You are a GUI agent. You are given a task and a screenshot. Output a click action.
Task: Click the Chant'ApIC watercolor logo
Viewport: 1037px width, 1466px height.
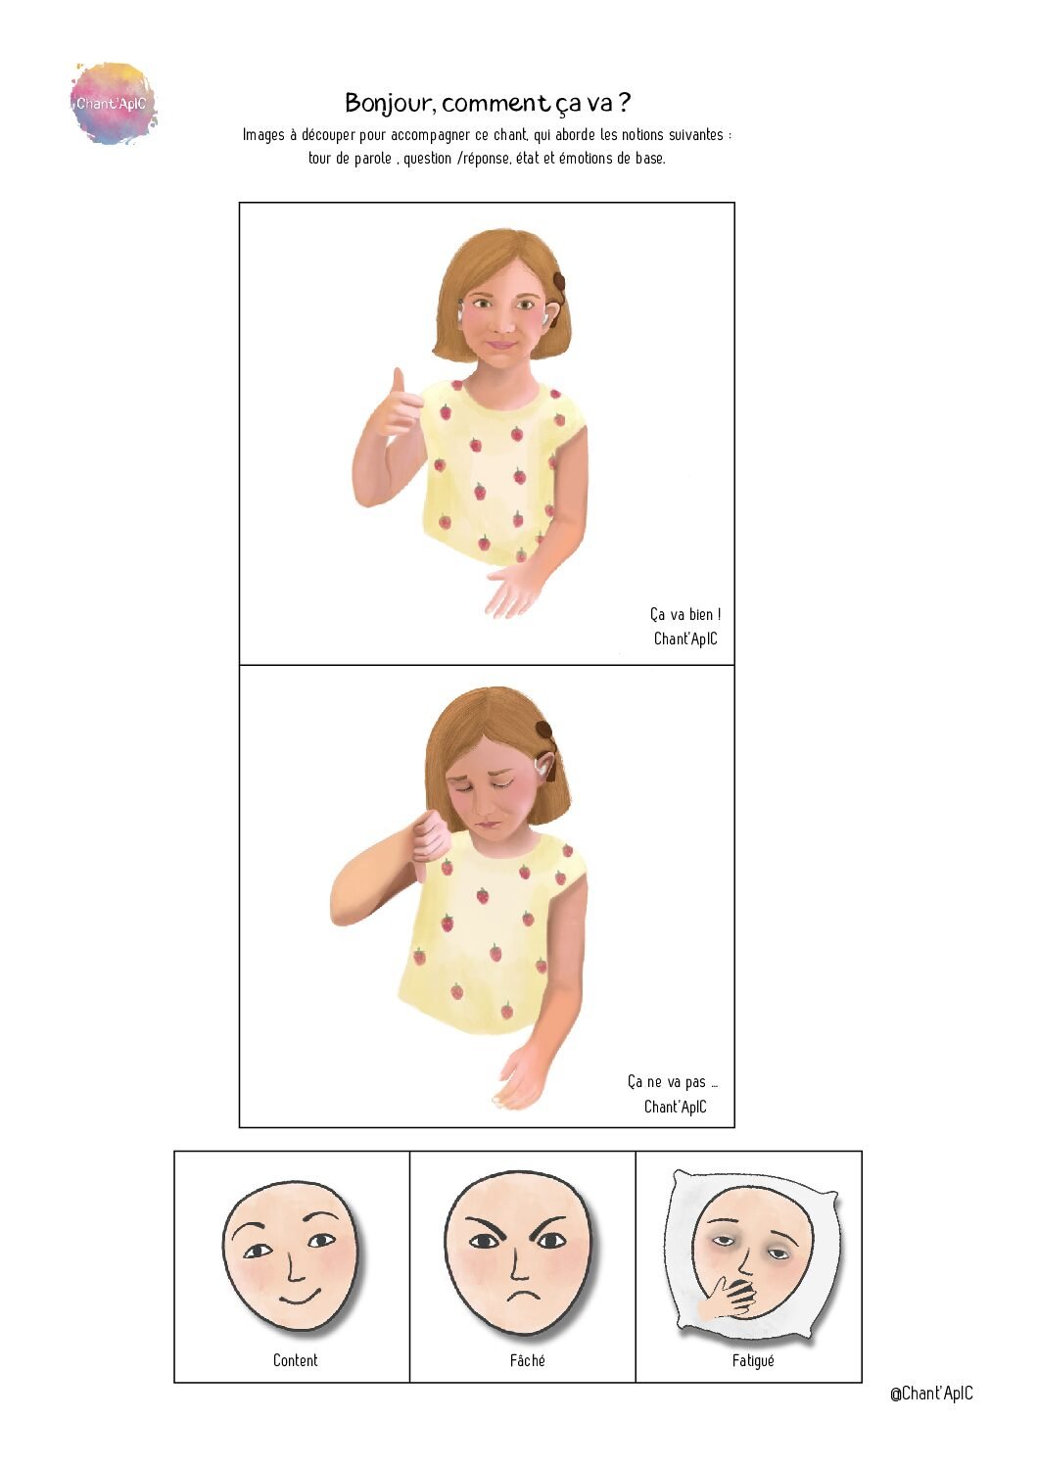pyautogui.click(x=113, y=104)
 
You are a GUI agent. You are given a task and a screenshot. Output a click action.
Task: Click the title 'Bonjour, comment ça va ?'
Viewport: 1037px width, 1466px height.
pyautogui.click(x=487, y=103)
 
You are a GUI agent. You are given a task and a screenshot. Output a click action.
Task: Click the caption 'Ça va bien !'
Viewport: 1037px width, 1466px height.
pyautogui.click(x=684, y=615)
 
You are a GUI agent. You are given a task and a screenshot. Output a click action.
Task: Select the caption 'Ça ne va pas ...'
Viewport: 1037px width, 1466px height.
pyautogui.click(x=673, y=1082)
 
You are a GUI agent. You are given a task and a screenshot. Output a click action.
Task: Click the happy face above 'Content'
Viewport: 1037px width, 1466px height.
pyautogui.click(x=290, y=1254)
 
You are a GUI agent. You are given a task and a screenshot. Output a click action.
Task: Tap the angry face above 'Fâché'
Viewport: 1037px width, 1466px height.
pyautogui.click(x=519, y=1254)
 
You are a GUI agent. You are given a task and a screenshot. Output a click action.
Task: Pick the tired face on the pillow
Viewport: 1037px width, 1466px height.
pyautogui.click(x=752, y=1250)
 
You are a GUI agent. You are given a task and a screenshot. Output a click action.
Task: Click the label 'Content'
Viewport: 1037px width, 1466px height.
pyautogui.click(x=295, y=1360)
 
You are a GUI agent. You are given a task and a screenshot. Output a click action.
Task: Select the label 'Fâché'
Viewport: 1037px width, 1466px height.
pyautogui.click(x=527, y=1360)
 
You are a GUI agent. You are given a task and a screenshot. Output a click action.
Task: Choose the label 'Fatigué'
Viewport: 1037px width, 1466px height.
pyautogui.click(x=752, y=1360)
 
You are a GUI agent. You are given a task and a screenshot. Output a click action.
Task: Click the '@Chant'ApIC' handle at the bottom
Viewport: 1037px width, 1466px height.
pyautogui.click(x=930, y=1394)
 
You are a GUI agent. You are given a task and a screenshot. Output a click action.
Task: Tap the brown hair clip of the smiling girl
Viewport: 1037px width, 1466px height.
pyautogui.click(x=559, y=283)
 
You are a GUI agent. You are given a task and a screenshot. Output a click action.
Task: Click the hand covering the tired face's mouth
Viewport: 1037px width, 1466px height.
pyautogui.click(x=730, y=1298)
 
